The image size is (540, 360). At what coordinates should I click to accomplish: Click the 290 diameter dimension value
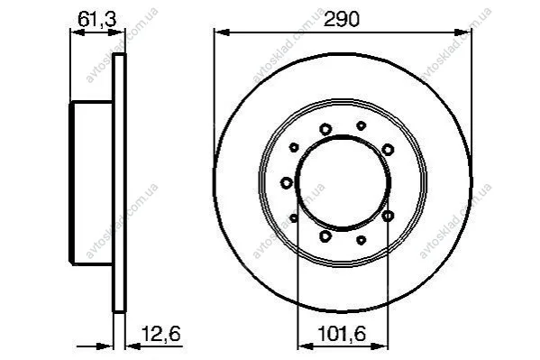tap(342, 19)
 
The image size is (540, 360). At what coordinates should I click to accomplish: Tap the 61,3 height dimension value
tap(97, 19)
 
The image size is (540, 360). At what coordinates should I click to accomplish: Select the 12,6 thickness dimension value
tap(161, 334)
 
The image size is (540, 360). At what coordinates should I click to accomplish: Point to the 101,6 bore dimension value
tap(342, 334)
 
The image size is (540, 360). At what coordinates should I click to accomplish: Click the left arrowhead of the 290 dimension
tap(222, 32)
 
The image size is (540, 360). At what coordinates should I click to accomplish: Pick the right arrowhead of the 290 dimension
tap(463, 32)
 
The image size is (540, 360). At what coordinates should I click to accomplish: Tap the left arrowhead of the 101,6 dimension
tap(305, 346)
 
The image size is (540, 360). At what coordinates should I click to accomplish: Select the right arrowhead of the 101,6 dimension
tap(380, 346)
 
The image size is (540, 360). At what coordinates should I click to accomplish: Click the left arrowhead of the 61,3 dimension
tap(78, 32)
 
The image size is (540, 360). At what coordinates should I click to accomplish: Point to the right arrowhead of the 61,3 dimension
tap(116, 32)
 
